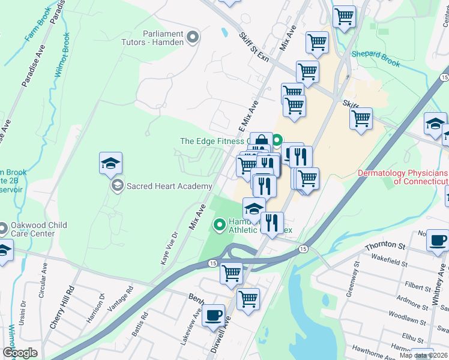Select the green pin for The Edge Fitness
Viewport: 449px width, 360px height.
(x=277, y=142)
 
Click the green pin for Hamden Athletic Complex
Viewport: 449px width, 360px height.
(x=220, y=225)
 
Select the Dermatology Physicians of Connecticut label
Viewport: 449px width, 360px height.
(x=403, y=177)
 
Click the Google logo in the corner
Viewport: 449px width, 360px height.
(x=20, y=353)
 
